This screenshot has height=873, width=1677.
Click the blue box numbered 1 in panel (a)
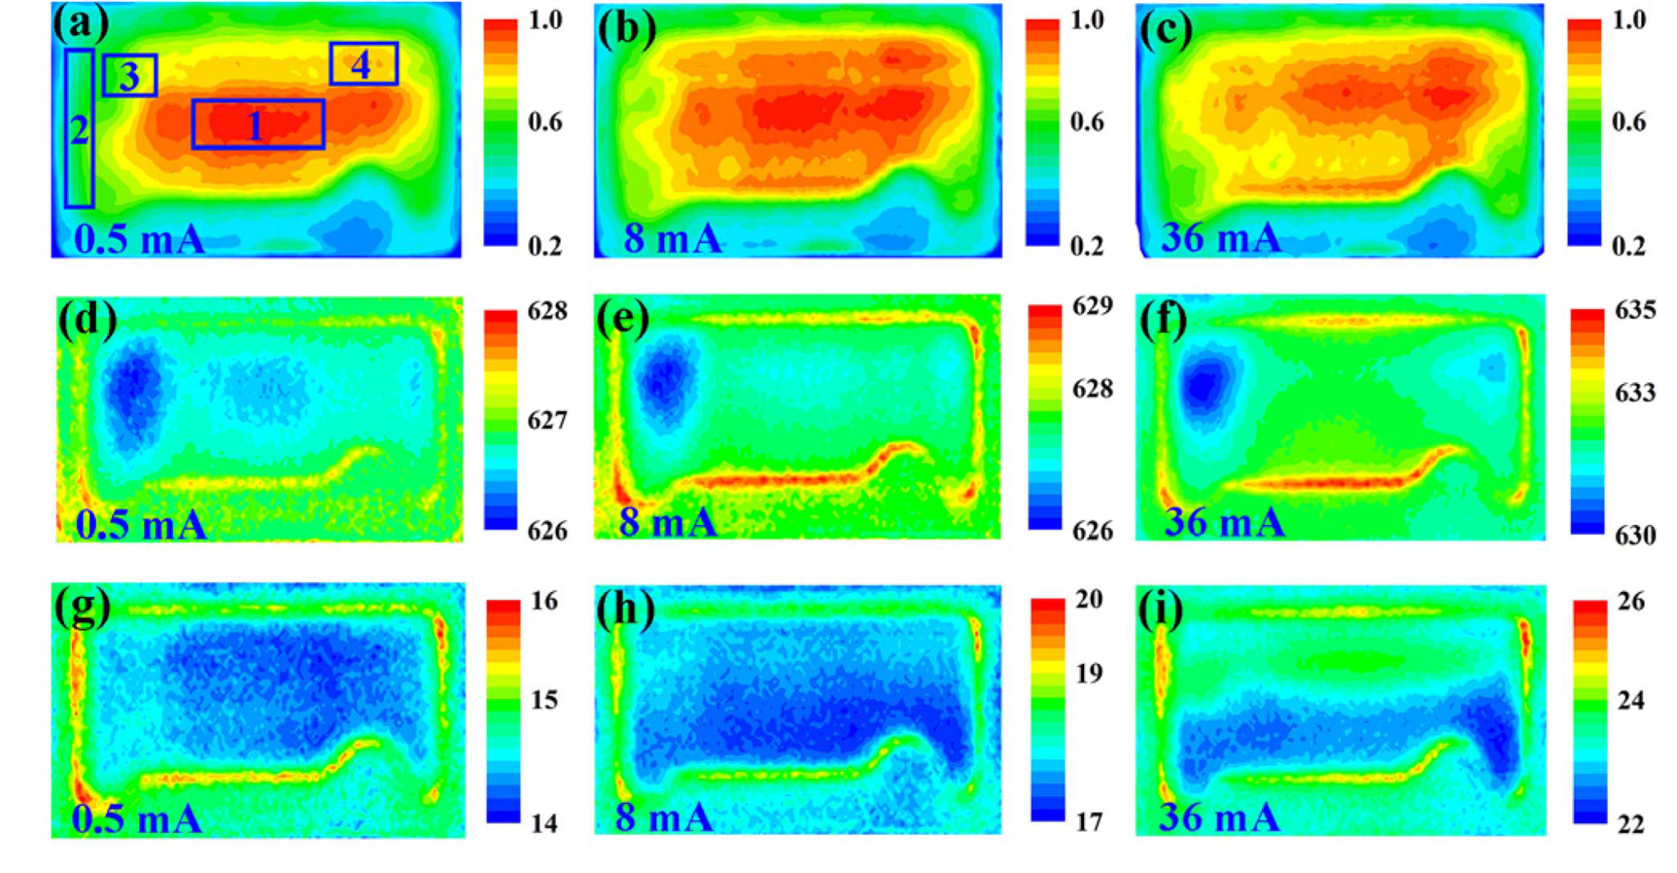pos(258,124)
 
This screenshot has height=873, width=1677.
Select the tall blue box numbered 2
pos(79,129)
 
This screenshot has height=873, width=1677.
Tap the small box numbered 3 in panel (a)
pos(130,75)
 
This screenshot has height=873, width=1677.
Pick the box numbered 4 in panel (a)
pos(364,64)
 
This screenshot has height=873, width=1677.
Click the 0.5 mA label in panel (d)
pos(141,524)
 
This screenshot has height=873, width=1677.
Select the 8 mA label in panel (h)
pos(664,816)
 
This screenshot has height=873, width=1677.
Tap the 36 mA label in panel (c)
pos(1221,237)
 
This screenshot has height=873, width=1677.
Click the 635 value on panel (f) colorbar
pos(1634,310)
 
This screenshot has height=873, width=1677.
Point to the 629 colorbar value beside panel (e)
pos(1092,306)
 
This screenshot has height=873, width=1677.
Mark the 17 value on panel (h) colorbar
pos(1088,821)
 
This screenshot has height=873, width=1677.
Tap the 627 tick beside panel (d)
pos(547,420)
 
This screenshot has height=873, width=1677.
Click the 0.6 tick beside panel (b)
pos(1087,122)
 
